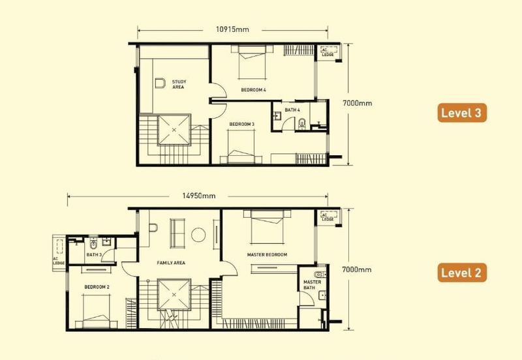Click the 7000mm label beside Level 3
[x=357, y=103]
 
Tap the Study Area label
[x=179, y=84]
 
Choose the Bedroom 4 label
[x=253, y=89]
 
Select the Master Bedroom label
[x=267, y=254]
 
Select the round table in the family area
[x=198, y=235]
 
